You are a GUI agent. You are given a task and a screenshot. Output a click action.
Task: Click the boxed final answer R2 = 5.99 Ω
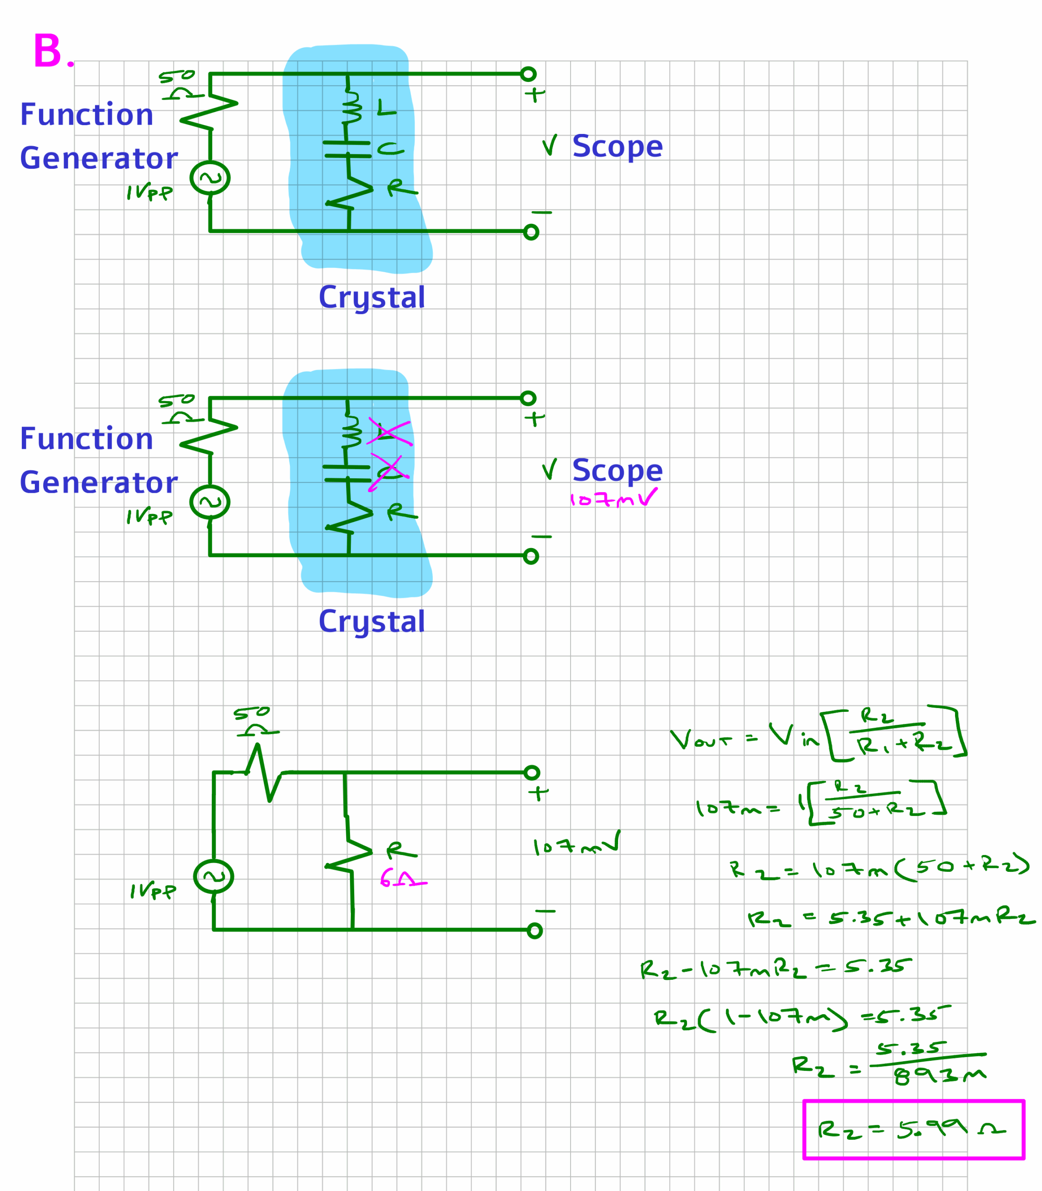click(x=913, y=1130)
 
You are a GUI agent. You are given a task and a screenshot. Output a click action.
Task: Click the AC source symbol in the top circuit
click(x=210, y=178)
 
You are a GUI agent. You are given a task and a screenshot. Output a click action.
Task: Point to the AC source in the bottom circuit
click(x=214, y=877)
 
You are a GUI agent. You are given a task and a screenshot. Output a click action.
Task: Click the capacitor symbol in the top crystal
click(x=347, y=149)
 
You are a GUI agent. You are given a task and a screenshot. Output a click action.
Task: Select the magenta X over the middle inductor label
click(x=389, y=432)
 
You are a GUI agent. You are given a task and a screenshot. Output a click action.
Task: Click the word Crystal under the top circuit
click(x=371, y=298)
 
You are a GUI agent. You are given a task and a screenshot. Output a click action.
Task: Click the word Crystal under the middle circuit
click(x=371, y=622)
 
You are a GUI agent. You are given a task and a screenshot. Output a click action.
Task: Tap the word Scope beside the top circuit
click(x=617, y=146)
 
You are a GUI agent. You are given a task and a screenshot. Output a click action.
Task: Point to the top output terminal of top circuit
click(x=528, y=74)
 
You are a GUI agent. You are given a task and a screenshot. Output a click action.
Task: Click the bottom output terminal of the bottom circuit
click(x=534, y=930)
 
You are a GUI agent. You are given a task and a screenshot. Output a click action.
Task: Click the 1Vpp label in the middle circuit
click(x=149, y=517)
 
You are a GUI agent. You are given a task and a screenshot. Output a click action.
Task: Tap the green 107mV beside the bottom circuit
click(x=576, y=846)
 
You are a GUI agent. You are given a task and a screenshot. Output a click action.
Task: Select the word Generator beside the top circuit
click(x=99, y=158)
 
